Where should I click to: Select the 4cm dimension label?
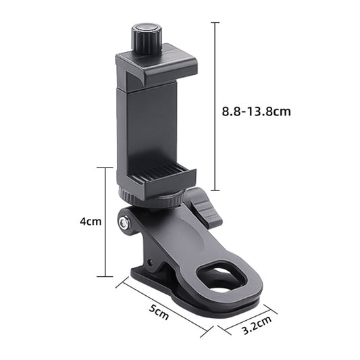(x=91, y=222)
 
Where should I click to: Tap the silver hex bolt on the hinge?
(x=124, y=222)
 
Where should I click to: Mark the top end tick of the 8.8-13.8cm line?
(x=215, y=23)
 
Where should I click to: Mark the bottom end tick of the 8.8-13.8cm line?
(x=215, y=192)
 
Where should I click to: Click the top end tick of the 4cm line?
(x=105, y=168)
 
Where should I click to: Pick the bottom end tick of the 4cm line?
(x=105, y=276)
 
